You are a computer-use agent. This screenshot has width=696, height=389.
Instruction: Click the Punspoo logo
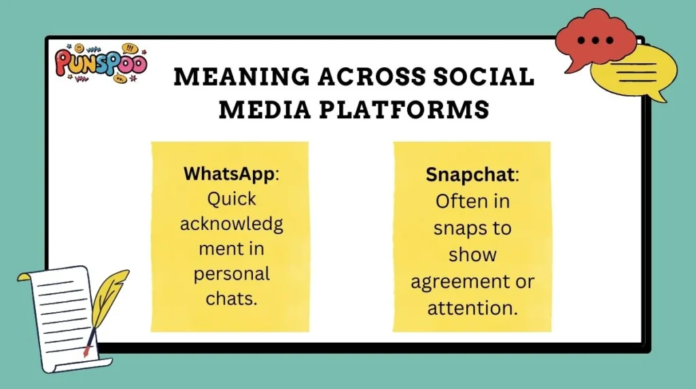coord(101,63)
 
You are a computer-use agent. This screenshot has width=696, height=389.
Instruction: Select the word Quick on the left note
coord(232,199)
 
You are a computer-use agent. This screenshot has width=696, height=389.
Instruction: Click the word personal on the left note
coord(232,274)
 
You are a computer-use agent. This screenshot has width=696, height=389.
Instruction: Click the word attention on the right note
coord(472,307)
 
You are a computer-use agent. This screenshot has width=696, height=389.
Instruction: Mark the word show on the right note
coord(472,254)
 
